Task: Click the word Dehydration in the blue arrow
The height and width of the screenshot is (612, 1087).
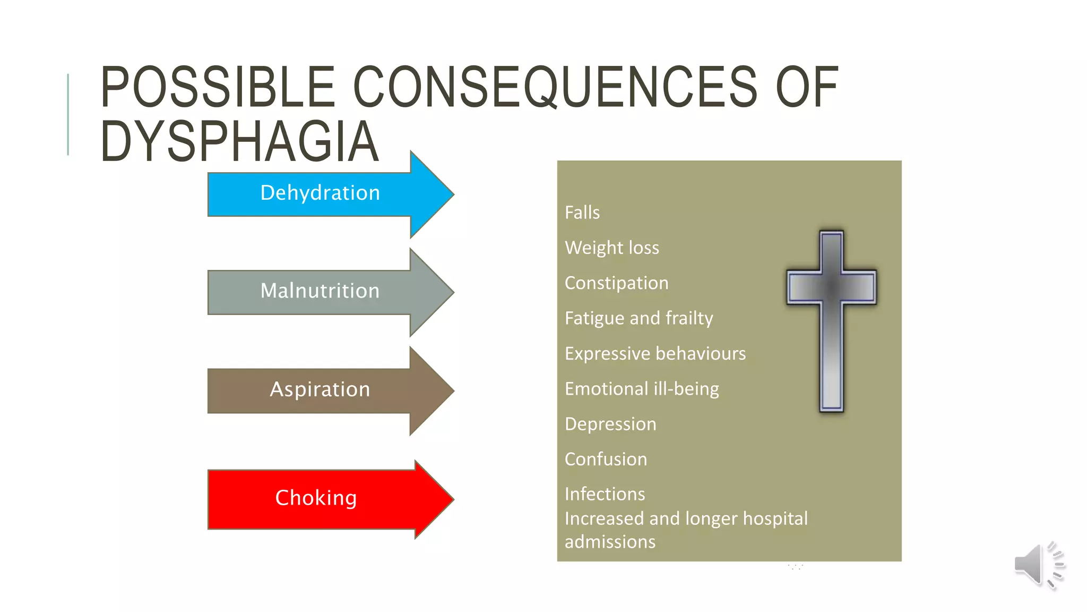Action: [x=320, y=193]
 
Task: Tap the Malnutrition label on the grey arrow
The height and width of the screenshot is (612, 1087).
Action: [x=320, y=291]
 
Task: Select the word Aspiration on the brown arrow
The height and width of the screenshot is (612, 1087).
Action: [x=320, y=389]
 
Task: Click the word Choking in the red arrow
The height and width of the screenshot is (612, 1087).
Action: [x=316, y=498]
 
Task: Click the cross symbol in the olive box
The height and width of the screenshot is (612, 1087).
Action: [x=831, y=319]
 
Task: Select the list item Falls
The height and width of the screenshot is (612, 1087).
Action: [x=582, y=212]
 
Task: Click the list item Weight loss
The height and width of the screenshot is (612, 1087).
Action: [x=612, y=248]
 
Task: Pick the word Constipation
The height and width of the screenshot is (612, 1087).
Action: [x=616, y=283]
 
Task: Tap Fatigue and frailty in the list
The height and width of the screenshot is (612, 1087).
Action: [x=639, y=318]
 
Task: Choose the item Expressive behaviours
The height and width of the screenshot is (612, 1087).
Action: [x=655, y=354]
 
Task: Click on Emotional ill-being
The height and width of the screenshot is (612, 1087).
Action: [x=642, y=389]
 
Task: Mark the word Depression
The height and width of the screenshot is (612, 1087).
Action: [x=610, y=424]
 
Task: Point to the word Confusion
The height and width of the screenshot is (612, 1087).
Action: [x=606, y=459]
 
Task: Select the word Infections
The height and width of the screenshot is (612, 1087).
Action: [x=605, y=494]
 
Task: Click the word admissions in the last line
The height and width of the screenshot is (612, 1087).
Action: [x=610, y=542]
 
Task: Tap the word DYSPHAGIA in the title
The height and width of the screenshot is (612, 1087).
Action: [x=239, y=141]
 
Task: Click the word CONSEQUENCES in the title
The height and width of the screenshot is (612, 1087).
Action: [x=555, y=87]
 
